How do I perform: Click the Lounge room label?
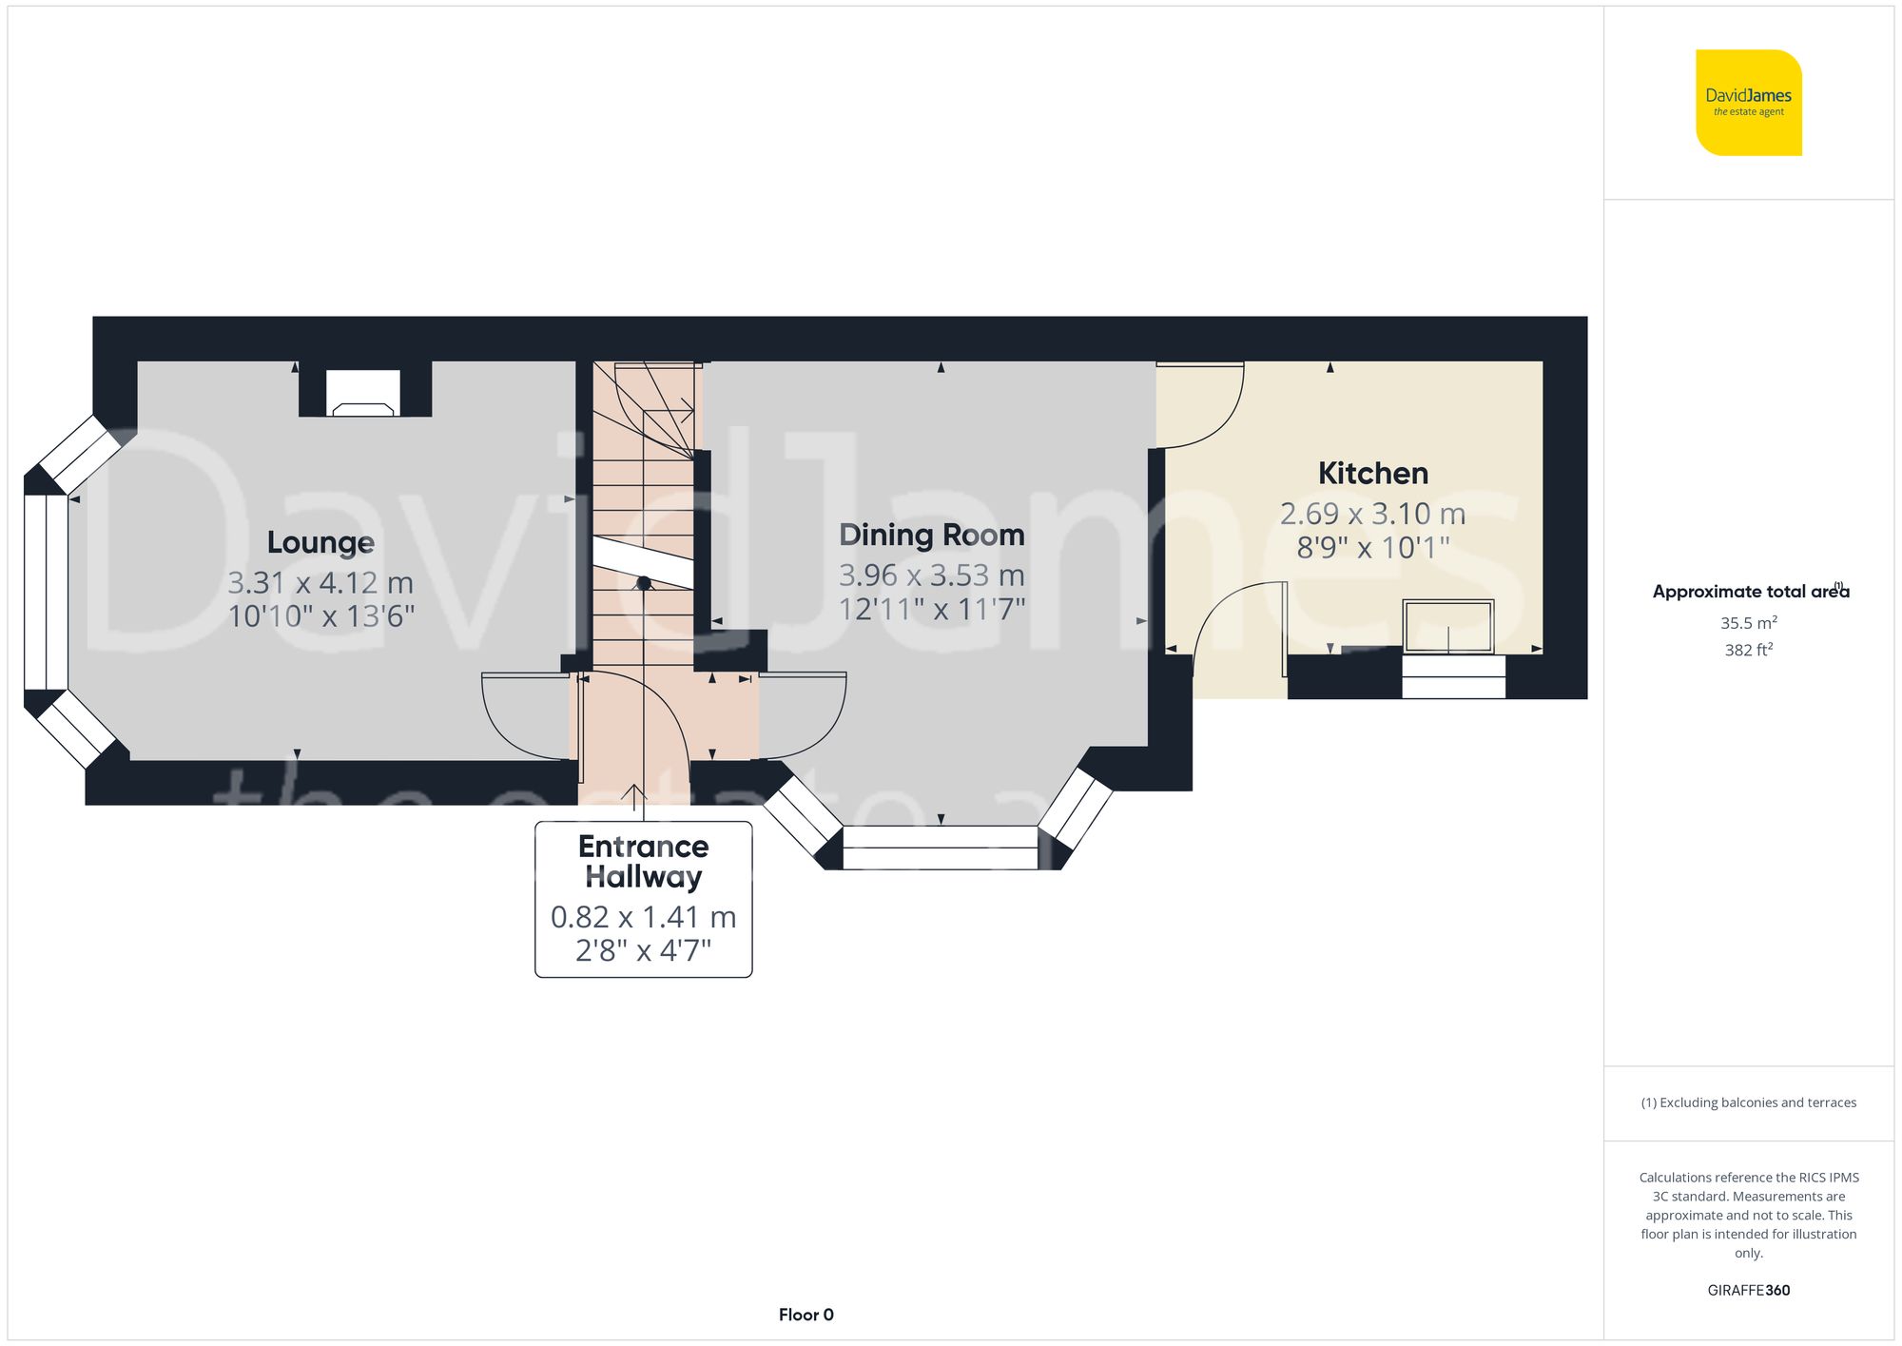[x=320, y=542]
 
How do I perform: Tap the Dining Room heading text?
[x=931, y=535]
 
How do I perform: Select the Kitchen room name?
[x=1372, y=473]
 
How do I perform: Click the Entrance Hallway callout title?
[x=643, y=861]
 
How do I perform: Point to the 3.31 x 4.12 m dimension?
[x=320, y=582]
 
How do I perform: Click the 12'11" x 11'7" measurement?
[x=931, y=609]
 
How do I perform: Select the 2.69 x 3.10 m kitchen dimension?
[x=1372, y=514]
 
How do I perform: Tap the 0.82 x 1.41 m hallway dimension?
[x=643, y=917]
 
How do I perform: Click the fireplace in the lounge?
[x=363, y=393]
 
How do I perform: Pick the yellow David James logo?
[x=1748, y=103]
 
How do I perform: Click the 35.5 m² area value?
[x=1748, y=623]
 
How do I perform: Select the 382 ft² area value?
[x=1748, y=650]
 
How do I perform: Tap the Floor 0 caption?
[x=805, y=1315]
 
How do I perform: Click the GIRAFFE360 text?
[x=1748, y=1290]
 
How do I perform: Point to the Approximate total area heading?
[x=1748, y=592]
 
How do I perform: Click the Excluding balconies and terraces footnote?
[x=1748, y=1102]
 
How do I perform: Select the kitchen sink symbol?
[x=1447, y=626]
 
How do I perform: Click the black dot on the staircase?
[x=644, y=583]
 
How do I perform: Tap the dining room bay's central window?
[x=940, y=847]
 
